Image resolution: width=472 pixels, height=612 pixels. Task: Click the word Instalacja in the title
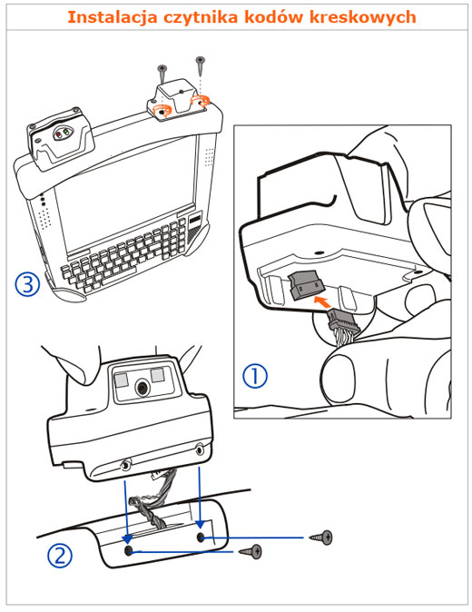click(113, 17)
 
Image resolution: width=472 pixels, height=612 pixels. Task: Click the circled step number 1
click(255, 376)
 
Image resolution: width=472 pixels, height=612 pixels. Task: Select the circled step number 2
click(60, 556)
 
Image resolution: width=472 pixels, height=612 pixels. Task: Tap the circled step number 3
click(27, 284)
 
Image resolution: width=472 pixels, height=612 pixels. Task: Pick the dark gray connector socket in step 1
click(307, 284)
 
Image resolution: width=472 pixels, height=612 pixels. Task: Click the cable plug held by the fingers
click(343, 321)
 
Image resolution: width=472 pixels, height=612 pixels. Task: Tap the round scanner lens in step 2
click(142, 388)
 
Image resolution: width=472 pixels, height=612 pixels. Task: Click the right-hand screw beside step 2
click(321, 538)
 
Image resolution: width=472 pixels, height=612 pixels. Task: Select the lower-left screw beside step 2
click(251, 551)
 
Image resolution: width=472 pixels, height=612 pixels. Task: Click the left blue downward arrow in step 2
click(125, 512)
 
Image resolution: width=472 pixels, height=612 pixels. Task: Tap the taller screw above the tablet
click(201, 66)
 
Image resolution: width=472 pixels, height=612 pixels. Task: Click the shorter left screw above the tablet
click(162, 73)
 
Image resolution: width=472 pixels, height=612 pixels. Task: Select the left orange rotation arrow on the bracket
click(162, 111)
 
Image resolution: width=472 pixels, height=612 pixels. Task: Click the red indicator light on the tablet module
click(58, 134)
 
